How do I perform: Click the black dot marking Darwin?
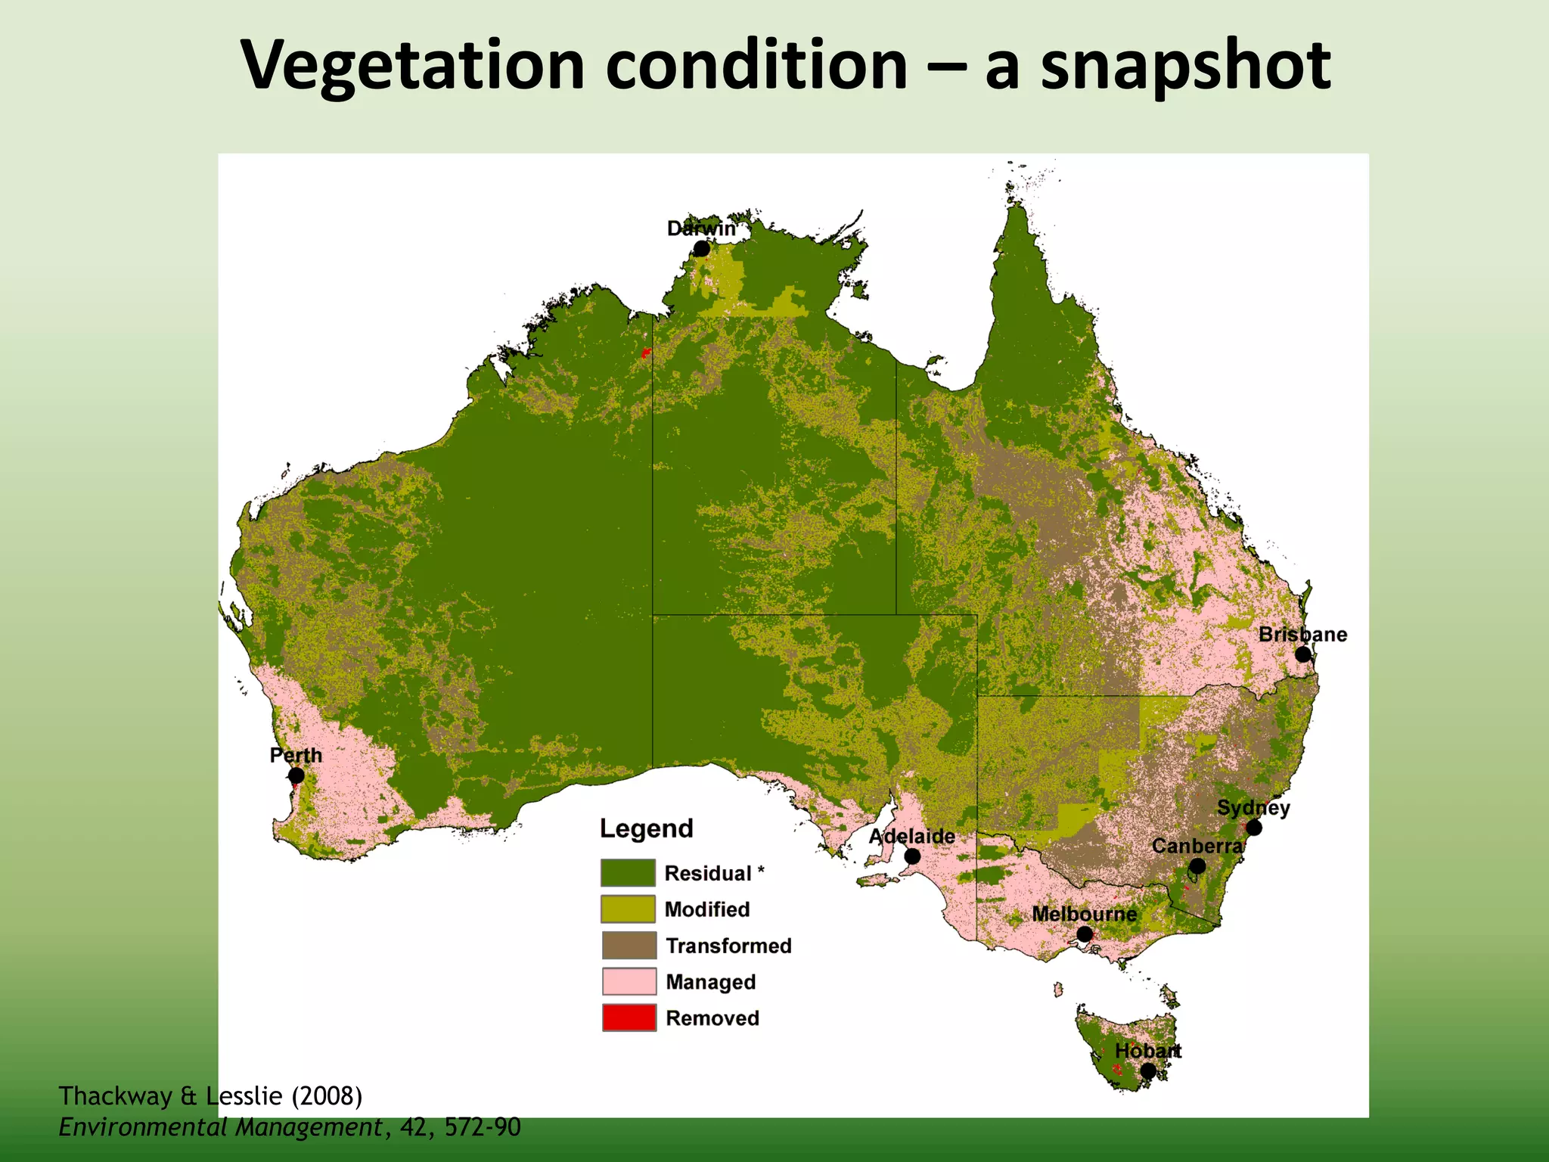coord(702,249)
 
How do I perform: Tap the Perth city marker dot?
coord(296,775)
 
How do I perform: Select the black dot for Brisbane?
coord(1302,654)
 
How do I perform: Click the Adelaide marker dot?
coord(913,856)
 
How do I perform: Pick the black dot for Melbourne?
coord(1084,934)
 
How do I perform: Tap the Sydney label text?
coord(1253,808)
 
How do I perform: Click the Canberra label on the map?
coord(1197,846)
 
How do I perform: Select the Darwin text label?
coord(700,228)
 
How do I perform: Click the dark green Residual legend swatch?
coord(628,873)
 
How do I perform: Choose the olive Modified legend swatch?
coord(628,909)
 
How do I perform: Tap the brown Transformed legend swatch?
coord(629,946)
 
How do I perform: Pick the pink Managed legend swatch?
coord(629,982)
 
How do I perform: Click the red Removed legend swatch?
coord(629,1018)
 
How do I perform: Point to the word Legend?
coord(646,828)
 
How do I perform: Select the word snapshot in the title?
coord(1185,67)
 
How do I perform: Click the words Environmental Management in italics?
coord(220,1127)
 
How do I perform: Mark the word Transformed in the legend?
coord(728,946)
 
